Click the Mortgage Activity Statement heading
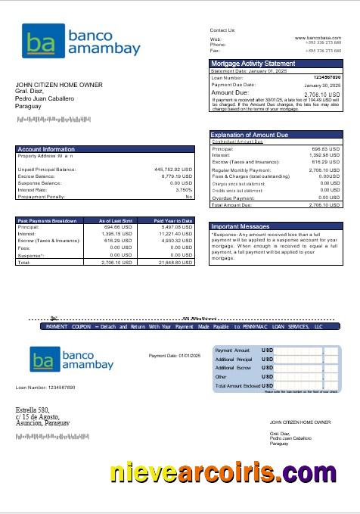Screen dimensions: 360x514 click(253, 64)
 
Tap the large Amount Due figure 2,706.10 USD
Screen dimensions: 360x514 click(322, 94)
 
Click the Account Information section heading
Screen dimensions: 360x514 click(46, 149)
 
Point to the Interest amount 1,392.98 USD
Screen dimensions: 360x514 click(325, 154)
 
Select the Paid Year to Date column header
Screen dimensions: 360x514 click(173, 220)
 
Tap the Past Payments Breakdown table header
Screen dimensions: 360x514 click(47, 220)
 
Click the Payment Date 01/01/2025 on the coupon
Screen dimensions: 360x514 click(174, 355)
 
